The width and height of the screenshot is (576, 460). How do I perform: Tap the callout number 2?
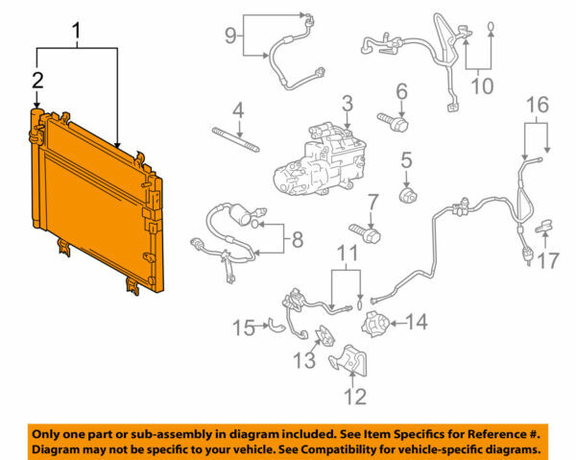pos(37,80)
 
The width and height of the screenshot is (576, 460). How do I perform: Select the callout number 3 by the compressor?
pos(348,102)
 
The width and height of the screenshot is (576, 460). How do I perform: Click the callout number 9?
pos(230,36)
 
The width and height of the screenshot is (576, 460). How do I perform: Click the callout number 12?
pos(355,393)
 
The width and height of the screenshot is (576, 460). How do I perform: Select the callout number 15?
pos(244,328)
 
